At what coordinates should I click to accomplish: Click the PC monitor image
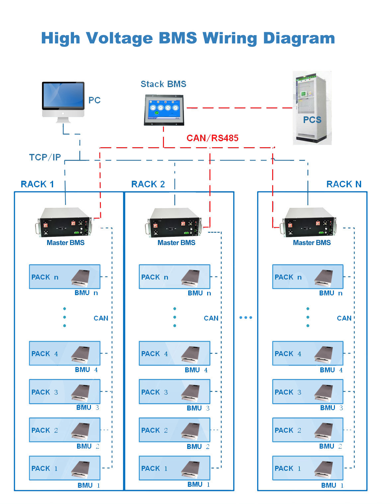coord(63,102)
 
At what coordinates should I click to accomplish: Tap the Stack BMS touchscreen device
coord(164,110)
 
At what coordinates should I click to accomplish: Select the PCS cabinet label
coord(312,120)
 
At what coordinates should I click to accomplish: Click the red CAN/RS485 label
coord(212,138)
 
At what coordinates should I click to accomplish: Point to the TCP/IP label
coord(45,157)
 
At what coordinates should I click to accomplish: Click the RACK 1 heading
coord(38,184)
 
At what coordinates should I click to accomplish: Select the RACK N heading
coord(344,184)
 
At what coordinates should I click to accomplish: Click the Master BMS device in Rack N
coord(308,222)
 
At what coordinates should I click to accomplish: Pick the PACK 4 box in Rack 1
coord(64,353)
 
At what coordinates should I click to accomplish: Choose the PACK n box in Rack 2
coord(175,277)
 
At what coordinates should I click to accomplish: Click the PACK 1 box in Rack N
coord(308,468)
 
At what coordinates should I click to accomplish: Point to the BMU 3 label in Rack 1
coord(88,408)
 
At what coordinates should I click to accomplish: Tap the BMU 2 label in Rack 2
coord(198,447)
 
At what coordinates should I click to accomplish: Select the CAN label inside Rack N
coord(344,318)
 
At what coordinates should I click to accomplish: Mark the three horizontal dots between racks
coord(246,318)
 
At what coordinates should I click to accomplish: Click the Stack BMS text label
coord(163,84)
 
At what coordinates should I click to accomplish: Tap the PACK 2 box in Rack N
coord(308,430)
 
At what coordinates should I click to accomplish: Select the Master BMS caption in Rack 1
coord(65,243)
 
